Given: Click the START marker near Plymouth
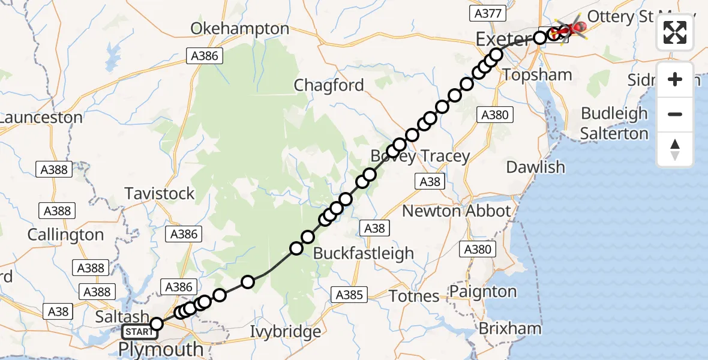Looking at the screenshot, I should tap(138, 331).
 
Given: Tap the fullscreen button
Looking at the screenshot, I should tap(675, 32).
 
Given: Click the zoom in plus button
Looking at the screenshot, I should tap(675, 79).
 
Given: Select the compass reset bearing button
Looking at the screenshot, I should tap(675, 149).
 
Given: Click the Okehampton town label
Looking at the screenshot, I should tap(239, 29).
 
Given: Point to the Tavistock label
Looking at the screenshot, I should tap(160, 193).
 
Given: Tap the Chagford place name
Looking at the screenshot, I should tap(329, 85).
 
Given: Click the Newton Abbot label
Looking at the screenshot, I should tap(456, 211).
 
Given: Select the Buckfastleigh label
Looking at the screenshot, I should tap(364, 253).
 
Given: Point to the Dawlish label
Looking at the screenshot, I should tap(536, 167).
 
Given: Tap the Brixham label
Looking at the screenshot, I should tap(510, 328).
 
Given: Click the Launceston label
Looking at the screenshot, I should tap(41, 118).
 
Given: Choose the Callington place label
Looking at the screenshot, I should tap(65, 235).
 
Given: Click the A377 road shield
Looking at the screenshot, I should tap(489, 14).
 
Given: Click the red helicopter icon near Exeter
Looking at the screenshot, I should tap(577, 27).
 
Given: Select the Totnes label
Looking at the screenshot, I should tap(414, 296).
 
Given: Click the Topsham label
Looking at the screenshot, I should tap(538, 74).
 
